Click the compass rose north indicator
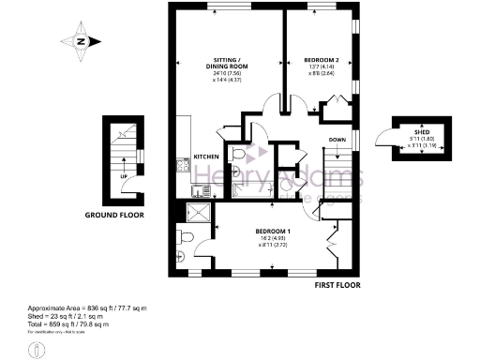tap(82, 41)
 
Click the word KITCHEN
tap(206, 156)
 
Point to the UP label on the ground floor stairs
tap(125, 175)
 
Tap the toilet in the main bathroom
tap(238, 154)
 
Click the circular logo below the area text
tap(37, 348)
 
